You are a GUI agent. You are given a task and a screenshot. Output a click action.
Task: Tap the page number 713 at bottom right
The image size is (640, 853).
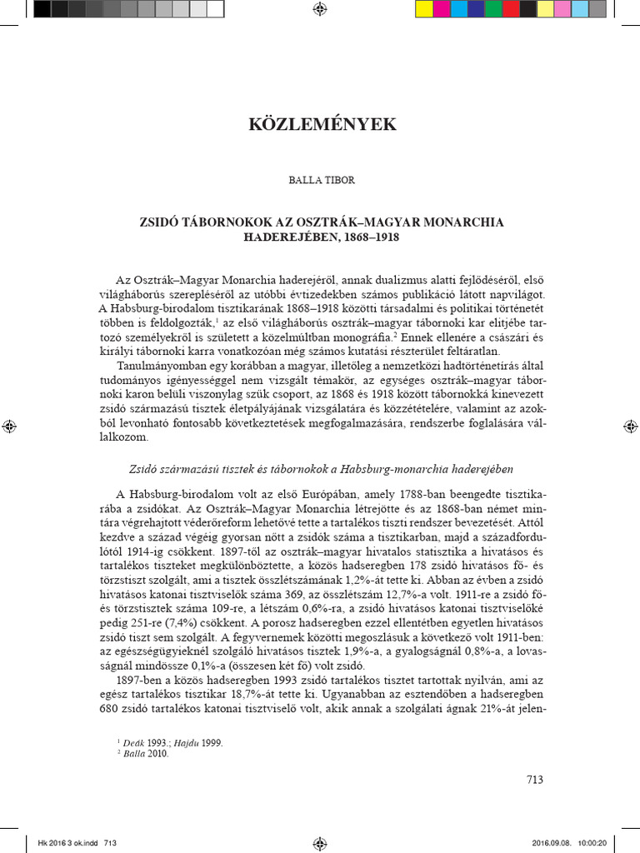point(535,781)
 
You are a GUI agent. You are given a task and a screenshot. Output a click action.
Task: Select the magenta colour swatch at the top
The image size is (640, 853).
point(442,9)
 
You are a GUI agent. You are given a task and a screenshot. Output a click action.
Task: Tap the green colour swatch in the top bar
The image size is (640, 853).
point(493,9)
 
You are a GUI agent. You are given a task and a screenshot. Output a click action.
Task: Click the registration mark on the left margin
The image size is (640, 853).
point(8,426)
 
